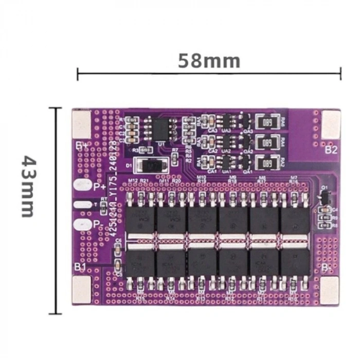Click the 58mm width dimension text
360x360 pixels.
click(x=209, y=61)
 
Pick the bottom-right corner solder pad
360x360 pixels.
click(x=330, y=289)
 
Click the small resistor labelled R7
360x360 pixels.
click(x=175, y=157)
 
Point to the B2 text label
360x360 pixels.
click(x=331, y=150)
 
